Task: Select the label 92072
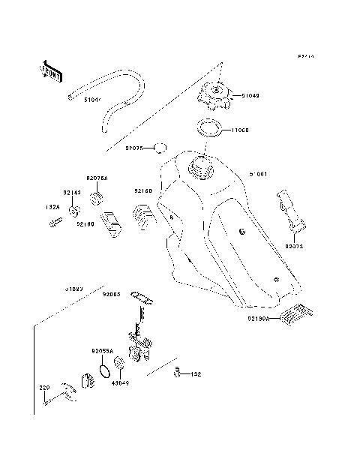click(295, 245)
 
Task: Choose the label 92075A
click(97, 178)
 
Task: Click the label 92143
click(72, 193)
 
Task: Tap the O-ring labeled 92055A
click(100, 369)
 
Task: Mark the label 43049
click(120, 383)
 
